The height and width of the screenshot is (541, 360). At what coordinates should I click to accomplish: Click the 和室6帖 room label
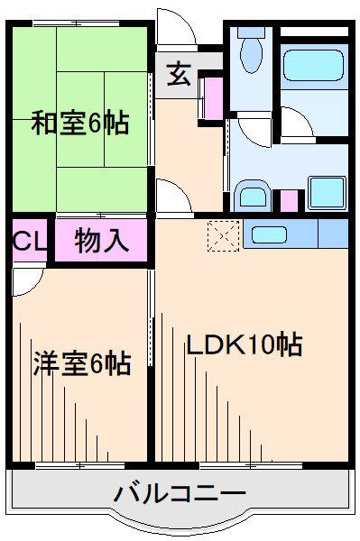tap(80, 122)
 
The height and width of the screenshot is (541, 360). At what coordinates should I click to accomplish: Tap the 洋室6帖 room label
tap(82, 362)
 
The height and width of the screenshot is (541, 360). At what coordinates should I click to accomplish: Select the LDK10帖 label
tap(245, 344)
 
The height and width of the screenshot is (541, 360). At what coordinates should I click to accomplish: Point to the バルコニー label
tap(180, 494)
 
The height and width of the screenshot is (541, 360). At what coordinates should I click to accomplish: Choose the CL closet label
tap(29, 241)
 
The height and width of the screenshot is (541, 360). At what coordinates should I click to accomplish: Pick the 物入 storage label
tap(101, 240)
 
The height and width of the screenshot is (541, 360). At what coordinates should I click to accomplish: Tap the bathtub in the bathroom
tap(313, 65)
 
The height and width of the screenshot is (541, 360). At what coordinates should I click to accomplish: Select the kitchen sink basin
tap(269, 234)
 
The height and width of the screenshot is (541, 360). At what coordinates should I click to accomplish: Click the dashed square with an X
tap(224, 235)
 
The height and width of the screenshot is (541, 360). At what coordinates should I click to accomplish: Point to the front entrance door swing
tap(176, 26)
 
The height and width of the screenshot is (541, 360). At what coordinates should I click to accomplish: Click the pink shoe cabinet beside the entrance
tap(214, 98)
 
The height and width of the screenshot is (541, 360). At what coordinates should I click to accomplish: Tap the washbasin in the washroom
tap(253, 196)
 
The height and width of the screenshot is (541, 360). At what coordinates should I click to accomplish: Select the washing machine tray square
tap(327, 193)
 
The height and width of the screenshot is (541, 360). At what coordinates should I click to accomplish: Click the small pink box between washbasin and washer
tap(289, 200)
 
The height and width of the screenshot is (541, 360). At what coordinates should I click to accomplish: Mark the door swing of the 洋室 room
tap(28, 282)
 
